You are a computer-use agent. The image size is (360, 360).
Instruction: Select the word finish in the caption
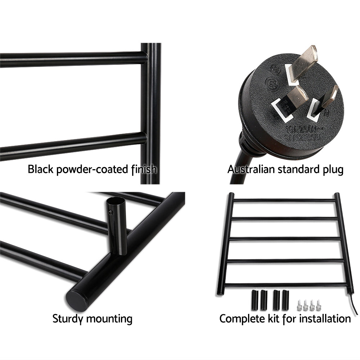coord(143,169)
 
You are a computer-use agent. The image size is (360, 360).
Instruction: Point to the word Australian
coord(251,169)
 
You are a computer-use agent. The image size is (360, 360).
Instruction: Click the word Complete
coord(240,319)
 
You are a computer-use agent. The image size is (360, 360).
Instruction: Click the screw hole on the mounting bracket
coord(111,212)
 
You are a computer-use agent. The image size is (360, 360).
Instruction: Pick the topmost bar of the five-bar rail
coord(284,200)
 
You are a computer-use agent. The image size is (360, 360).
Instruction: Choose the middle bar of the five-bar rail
coord(284,239)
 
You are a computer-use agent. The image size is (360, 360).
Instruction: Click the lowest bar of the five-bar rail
coord(284,285)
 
